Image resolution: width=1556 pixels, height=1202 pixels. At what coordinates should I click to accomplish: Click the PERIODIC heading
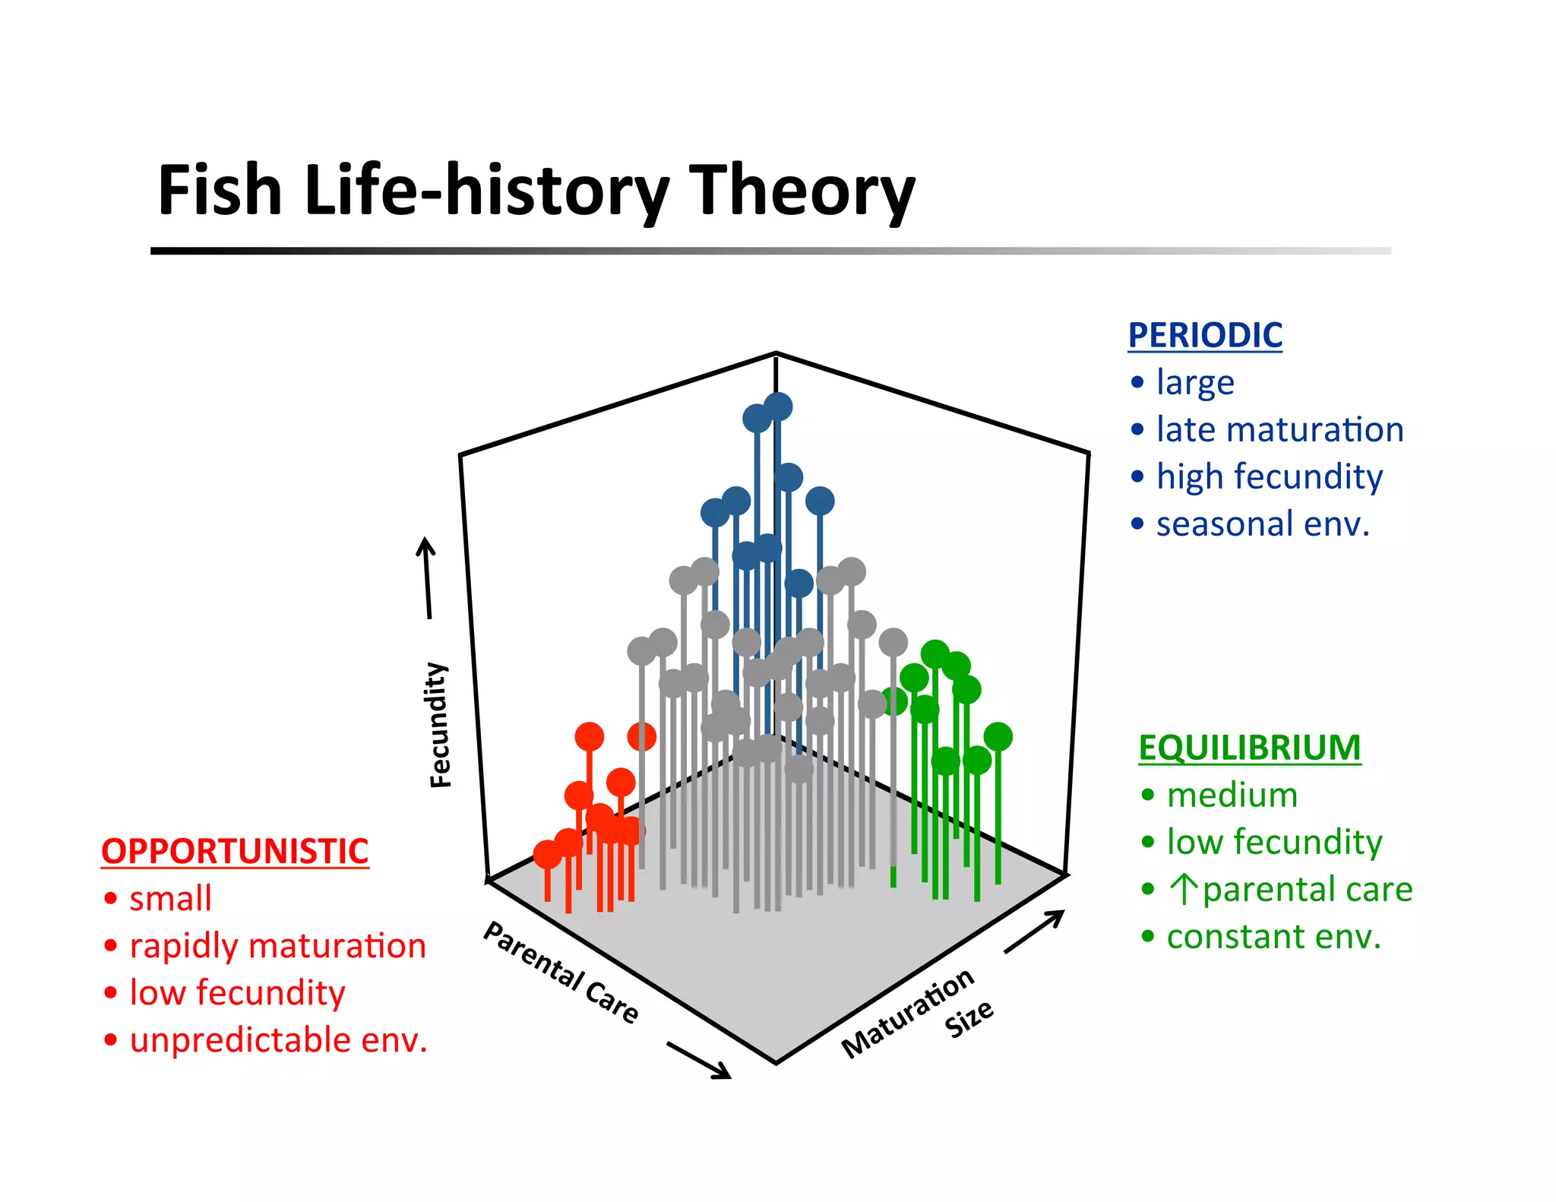1205,335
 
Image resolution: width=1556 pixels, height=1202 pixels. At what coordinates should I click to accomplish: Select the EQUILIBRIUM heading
1249,748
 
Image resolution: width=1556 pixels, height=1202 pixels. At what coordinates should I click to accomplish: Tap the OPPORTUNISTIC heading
235,851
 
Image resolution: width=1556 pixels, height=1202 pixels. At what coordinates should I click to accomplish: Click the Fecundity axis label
439,725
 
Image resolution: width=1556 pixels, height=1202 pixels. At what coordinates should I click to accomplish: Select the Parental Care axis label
561,972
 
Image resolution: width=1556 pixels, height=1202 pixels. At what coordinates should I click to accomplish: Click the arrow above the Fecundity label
427,577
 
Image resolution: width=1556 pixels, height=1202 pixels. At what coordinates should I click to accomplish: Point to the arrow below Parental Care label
698,1060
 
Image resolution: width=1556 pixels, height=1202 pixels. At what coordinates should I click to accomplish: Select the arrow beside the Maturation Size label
1034,931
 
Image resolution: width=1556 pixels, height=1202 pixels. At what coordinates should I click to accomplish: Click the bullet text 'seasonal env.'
1263,524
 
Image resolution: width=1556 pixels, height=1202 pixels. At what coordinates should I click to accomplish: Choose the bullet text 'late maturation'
1279,430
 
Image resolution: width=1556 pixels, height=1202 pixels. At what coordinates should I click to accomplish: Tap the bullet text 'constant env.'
1273,937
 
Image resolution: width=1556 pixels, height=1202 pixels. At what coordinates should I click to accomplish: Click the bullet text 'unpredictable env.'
279,1040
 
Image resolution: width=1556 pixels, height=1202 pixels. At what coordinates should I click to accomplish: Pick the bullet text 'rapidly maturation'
278,946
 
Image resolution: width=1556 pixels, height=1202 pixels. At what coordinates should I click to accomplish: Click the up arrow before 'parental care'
1184,889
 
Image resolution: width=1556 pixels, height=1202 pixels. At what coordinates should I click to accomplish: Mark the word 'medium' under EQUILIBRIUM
1232,796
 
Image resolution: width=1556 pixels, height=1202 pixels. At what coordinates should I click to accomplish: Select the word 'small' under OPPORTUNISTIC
170,899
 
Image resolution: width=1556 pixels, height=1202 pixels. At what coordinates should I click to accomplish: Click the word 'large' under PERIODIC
1195,383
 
